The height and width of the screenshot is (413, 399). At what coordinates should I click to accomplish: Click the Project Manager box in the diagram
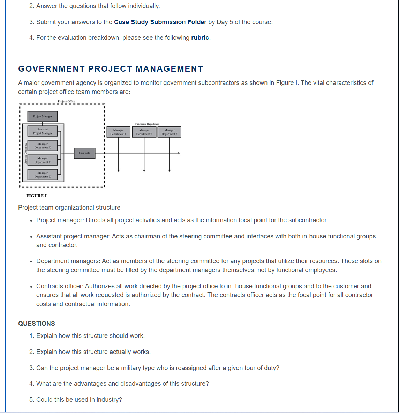pos(43,116)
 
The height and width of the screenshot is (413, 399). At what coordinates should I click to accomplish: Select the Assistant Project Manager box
pos(43,131)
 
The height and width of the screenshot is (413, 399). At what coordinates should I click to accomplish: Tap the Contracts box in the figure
pos(84,153)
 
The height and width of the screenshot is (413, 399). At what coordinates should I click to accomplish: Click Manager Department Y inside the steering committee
pos(43,160)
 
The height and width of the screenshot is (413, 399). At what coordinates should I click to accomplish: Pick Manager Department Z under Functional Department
pos(170,132)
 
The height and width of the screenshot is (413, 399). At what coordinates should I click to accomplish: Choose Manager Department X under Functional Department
pos(118,132)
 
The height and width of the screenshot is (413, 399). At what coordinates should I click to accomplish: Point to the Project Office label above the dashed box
pos(66,101)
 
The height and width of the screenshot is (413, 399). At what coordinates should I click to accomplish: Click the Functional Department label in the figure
pos(147,124)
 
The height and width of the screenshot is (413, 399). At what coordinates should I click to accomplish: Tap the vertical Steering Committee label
pos(25,153)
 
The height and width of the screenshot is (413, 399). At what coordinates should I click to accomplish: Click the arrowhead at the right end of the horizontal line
pos(179,153)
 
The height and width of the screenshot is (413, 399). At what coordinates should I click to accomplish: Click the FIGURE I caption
pos(36,196)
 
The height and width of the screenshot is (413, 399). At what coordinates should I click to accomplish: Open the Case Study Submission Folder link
pos(160,22)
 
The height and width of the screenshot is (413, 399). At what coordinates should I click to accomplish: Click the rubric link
pos(200,38)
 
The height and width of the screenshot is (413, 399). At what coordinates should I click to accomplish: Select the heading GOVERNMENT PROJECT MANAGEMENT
pos(111,69)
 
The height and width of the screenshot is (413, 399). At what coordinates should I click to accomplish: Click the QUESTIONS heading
pos(37,324)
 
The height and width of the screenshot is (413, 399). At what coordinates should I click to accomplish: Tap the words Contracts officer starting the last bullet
pos(59,286)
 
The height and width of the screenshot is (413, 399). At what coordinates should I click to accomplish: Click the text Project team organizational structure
pos(69,208)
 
